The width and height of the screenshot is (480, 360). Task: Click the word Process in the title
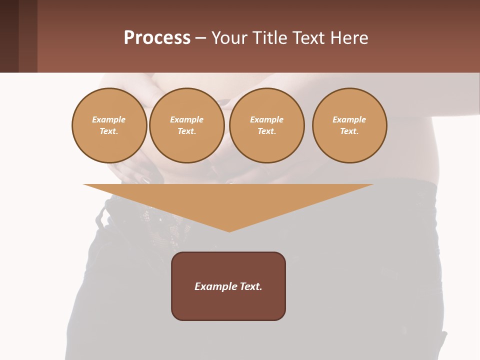point(157,38)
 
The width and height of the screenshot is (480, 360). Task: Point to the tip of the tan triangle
point(229,230)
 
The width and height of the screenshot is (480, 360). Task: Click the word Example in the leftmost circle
point(109,119)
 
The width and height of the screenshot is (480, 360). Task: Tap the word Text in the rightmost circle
point(349,131)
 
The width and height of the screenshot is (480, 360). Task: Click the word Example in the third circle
point(266,119)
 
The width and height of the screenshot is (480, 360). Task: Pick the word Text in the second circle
point(186,131)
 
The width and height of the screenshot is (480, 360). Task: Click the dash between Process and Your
point(201,38)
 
